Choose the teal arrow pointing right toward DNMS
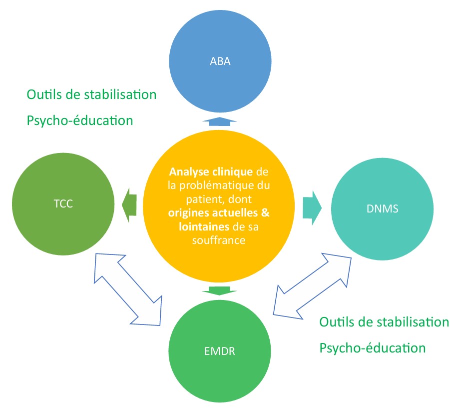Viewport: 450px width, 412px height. click(313, 204)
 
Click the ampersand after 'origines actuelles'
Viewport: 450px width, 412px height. click(266, 213)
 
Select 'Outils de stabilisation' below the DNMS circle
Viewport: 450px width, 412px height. click(384, 321)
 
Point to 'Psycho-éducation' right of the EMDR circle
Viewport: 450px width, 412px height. click(373, 347)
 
